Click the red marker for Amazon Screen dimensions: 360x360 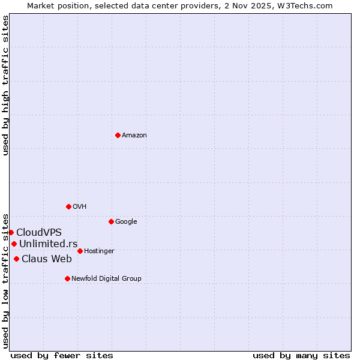(118, 135)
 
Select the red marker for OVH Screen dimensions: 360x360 (68, 206)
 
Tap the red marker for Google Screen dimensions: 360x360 (111, 221)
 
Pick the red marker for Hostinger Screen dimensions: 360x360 (80, 251)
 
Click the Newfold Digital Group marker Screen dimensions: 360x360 (67, 278)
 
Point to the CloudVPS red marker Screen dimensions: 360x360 (11, 232)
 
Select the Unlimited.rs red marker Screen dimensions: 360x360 (14, 244)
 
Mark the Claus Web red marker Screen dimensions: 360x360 (16, 259)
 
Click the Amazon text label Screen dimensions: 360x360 (134, 136)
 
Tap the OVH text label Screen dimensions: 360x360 (80, 207)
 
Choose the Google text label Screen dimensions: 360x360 (126, 222)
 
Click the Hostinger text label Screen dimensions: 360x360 (99, 251)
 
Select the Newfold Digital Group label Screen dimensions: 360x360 (106, 279)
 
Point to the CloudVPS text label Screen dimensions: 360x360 (39, 233)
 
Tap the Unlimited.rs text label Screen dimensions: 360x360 (48, 244)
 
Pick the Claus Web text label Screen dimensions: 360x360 (47, 259)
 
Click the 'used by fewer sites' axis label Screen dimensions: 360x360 (62, 355)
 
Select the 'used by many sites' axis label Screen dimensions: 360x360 (301, 355)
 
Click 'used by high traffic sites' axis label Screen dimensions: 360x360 (5, 85)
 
